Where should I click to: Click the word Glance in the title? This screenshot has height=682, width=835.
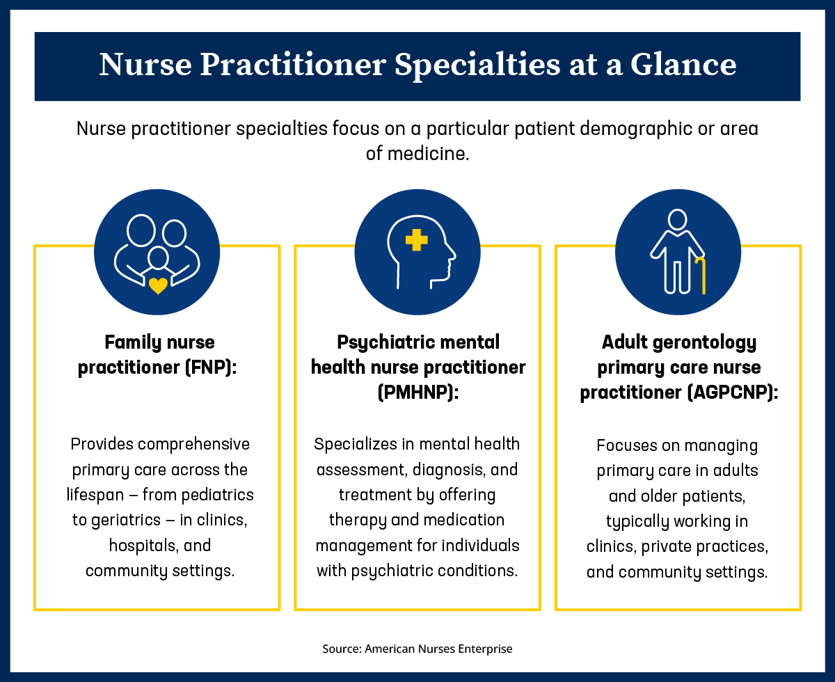click(x=683, y=65)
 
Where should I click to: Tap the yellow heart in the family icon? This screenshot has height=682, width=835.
click(x=158, y=285)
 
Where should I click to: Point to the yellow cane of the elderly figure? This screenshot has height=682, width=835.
click(x=701, y=276)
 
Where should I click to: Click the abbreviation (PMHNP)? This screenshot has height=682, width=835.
click(x=417, y=392)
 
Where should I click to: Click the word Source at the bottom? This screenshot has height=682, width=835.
click(x=341, y=649)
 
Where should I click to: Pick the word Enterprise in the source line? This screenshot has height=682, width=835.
click(x=485, y=649)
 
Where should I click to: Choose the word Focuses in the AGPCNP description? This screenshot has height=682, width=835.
click(x=628, y=445)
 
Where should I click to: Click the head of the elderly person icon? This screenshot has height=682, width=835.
click(x=677, y=220)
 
